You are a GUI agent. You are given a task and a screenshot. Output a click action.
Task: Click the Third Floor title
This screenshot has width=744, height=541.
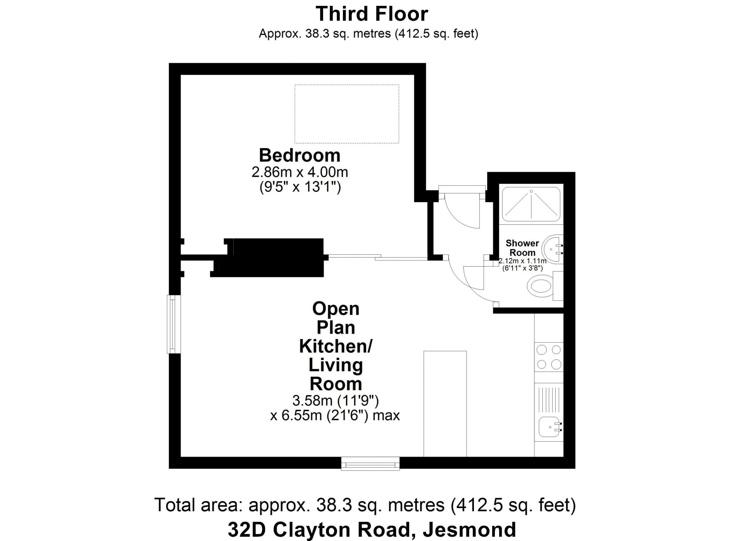coord(372,14)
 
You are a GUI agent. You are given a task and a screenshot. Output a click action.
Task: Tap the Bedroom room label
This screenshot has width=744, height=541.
coord(300,155)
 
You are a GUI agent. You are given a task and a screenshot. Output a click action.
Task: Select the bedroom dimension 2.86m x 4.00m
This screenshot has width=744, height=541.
coord(300,172)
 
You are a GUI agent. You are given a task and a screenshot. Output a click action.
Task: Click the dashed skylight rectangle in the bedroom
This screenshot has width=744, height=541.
coord(347,114)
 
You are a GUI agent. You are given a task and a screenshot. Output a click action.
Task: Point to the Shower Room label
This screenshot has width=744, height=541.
coord(522,248)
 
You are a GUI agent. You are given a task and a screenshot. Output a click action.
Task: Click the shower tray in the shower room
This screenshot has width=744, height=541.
coord(531,204)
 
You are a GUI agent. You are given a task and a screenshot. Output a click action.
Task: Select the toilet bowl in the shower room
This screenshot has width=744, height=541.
coord(540,287)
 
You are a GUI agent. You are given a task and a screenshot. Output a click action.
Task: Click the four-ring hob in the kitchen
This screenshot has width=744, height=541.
coord(549,357)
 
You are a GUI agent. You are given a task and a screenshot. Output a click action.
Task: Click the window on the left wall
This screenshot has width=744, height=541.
coord(174,324)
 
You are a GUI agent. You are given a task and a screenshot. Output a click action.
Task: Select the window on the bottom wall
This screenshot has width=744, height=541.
coord(370,463)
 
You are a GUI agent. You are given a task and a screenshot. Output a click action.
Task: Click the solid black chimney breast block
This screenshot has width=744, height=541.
coord(271,257)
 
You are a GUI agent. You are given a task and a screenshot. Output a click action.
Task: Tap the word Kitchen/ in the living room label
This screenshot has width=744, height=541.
coord(336,346)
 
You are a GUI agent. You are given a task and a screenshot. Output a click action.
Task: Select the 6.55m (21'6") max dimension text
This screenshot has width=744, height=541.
coord(335,416)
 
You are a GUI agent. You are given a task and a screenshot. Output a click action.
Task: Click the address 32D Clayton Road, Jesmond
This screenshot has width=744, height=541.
coord(372,529)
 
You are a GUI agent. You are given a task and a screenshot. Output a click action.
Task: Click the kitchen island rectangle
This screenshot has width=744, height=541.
coord(445,404)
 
